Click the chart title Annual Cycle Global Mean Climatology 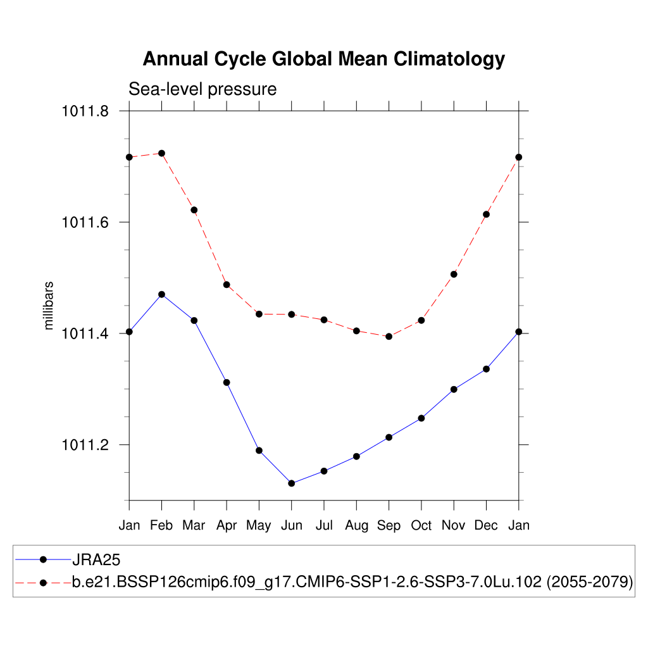[x=323, y=59]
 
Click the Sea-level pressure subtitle [x=202, y=89]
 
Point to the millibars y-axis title [x=49, y=306]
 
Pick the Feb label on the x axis [x=162, y=525]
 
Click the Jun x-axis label [x=292, y=525]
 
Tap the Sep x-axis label [x=389, y=525]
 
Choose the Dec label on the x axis [x=486, y=525]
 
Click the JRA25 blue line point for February [x=162, y=294]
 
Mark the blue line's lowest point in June [x=292, y=483]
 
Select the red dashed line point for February [x=162, y=153]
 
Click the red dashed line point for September [x=389, y=337]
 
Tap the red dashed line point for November [x=454, y=274]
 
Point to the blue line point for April [x=227, y=382]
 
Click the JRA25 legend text [x=96, y=559]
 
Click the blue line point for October [x=421, y=418]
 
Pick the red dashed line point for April [x=227, y=285]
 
